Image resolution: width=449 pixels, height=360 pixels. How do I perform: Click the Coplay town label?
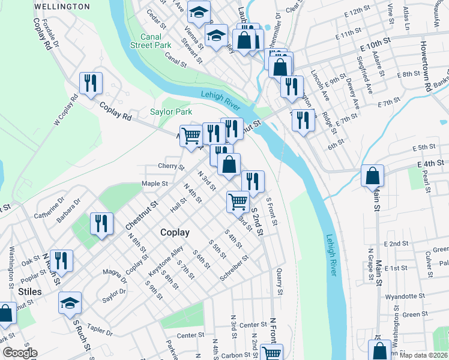coord(175,232)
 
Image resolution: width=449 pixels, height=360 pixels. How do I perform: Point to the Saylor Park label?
coord(170,112)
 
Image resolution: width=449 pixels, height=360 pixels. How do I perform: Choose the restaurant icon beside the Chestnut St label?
coord(101,224)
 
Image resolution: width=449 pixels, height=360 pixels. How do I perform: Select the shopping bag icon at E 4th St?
coord(372,176)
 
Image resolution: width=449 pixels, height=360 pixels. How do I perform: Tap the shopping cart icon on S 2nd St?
coord(238,202)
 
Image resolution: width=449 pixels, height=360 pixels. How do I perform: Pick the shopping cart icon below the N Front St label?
coord(272,353)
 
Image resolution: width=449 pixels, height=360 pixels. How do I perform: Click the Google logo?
coord(19,353)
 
